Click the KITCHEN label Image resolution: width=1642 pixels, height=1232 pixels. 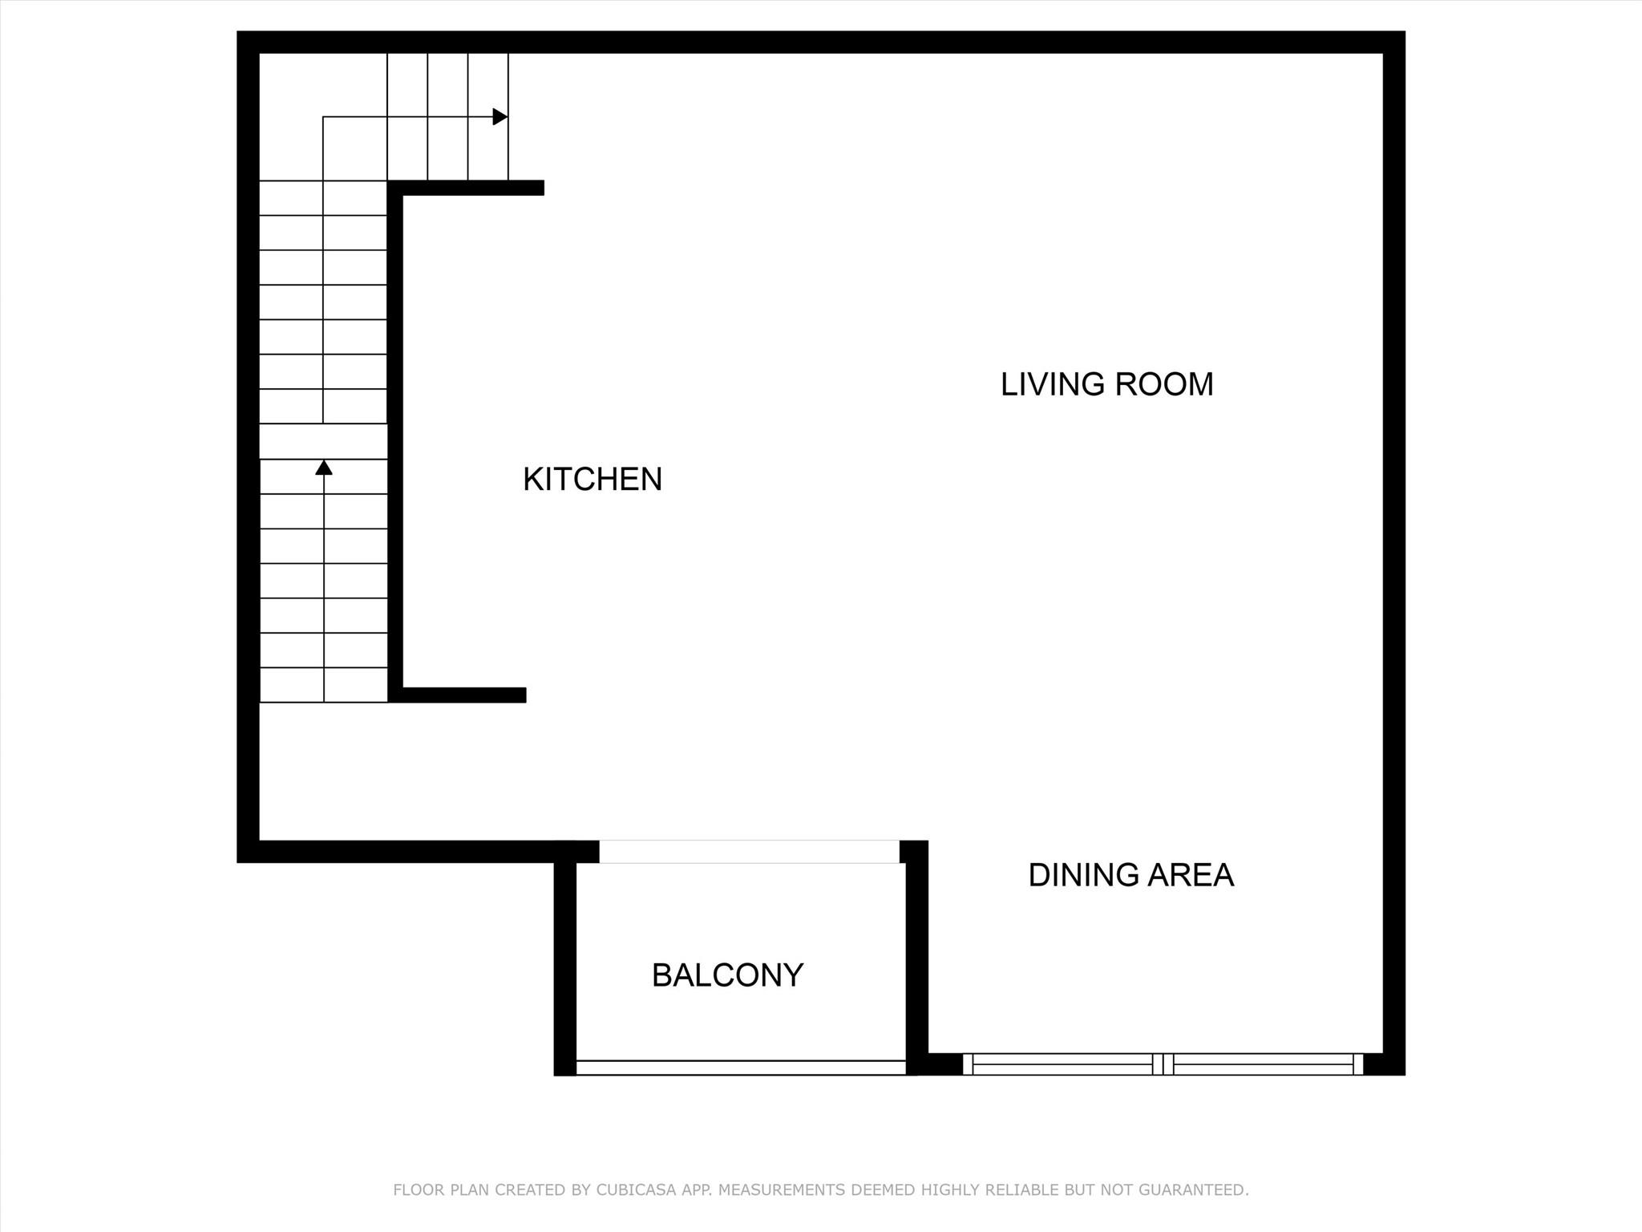tap(592, 480)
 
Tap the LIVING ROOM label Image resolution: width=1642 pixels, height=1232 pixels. tap(1106, 384)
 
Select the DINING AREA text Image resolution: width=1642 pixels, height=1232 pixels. tap(1130, 875)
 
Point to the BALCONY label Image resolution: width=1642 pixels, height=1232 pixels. tap(727, 975)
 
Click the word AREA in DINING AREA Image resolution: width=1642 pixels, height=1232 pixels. tap(1191, 875)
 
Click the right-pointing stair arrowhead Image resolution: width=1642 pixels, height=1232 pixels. tap(500, 117)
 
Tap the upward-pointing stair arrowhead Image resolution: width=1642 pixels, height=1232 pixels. tap(324, 467)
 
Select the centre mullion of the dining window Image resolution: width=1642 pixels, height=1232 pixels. tap(1163, 1064)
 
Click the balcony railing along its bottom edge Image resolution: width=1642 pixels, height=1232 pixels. tap(741, 1068)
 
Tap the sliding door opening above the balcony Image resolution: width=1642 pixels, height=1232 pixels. tap(749, 852)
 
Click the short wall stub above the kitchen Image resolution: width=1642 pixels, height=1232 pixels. tap(473, 188)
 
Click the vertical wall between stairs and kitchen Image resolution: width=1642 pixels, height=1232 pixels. tap(394, 441)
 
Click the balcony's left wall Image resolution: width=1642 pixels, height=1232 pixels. tap(564, 962)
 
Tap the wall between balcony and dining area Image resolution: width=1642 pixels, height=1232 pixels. tap(917, 954)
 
